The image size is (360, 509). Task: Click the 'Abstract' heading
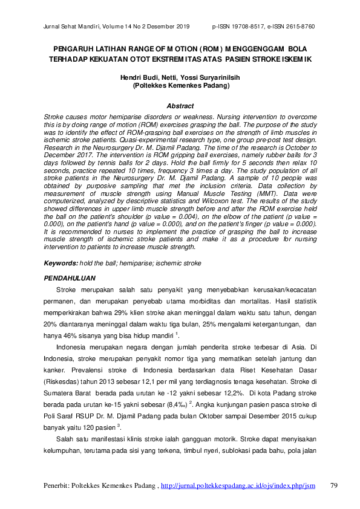pos(180,106)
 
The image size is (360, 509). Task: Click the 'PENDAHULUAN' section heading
pos(71,278)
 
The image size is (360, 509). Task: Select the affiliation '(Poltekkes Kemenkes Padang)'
pos(180,86)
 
